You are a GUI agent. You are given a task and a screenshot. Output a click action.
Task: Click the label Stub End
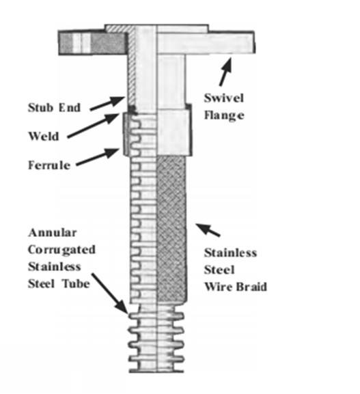54,107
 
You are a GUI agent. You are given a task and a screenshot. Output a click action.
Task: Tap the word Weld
44,136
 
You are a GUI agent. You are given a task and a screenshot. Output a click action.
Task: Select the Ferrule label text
49,165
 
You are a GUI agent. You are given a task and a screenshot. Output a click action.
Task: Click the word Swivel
224,98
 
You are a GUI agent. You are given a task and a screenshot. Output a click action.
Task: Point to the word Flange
224,115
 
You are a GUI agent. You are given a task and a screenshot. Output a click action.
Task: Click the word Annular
53,233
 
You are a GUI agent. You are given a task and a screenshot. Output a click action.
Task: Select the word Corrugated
62,250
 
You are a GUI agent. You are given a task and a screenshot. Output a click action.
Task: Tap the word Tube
77,283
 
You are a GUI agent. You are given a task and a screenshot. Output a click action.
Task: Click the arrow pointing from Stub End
108,103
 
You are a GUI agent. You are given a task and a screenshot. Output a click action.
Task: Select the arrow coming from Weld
94,126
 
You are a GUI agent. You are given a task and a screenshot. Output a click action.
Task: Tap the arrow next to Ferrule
98,157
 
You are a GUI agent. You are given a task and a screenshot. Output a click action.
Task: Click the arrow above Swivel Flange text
225,72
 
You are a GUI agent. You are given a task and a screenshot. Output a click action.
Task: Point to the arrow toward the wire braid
208,230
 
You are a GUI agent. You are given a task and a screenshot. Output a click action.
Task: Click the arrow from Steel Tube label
109,294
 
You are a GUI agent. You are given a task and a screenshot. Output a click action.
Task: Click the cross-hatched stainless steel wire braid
171,229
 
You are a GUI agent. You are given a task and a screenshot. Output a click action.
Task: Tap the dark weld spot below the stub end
133,109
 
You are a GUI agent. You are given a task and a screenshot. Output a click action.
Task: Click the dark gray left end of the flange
92,43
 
